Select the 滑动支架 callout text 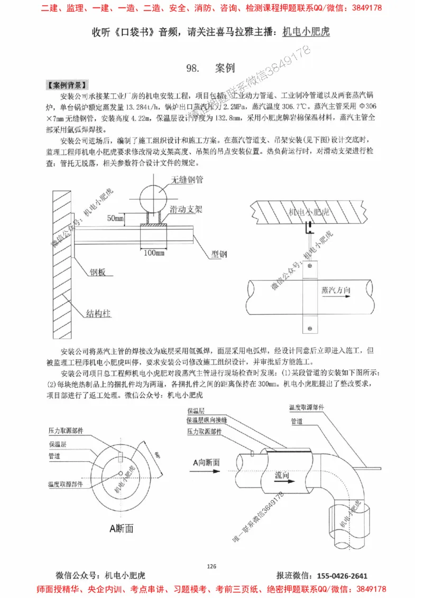tap(185, 210)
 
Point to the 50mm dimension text tap(115, 218)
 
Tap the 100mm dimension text tap(154, 253)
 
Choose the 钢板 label tap(97, 273)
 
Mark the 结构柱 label tap(99, 313)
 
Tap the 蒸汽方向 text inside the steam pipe tap(335, 291)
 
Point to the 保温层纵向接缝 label tap(207, 421)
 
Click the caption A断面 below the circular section tap(121, 528)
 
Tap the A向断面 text tap(206, 463)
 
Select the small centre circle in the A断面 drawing tap(121, 472)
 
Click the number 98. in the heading tap(192, 68)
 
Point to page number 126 tap(212, 566)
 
